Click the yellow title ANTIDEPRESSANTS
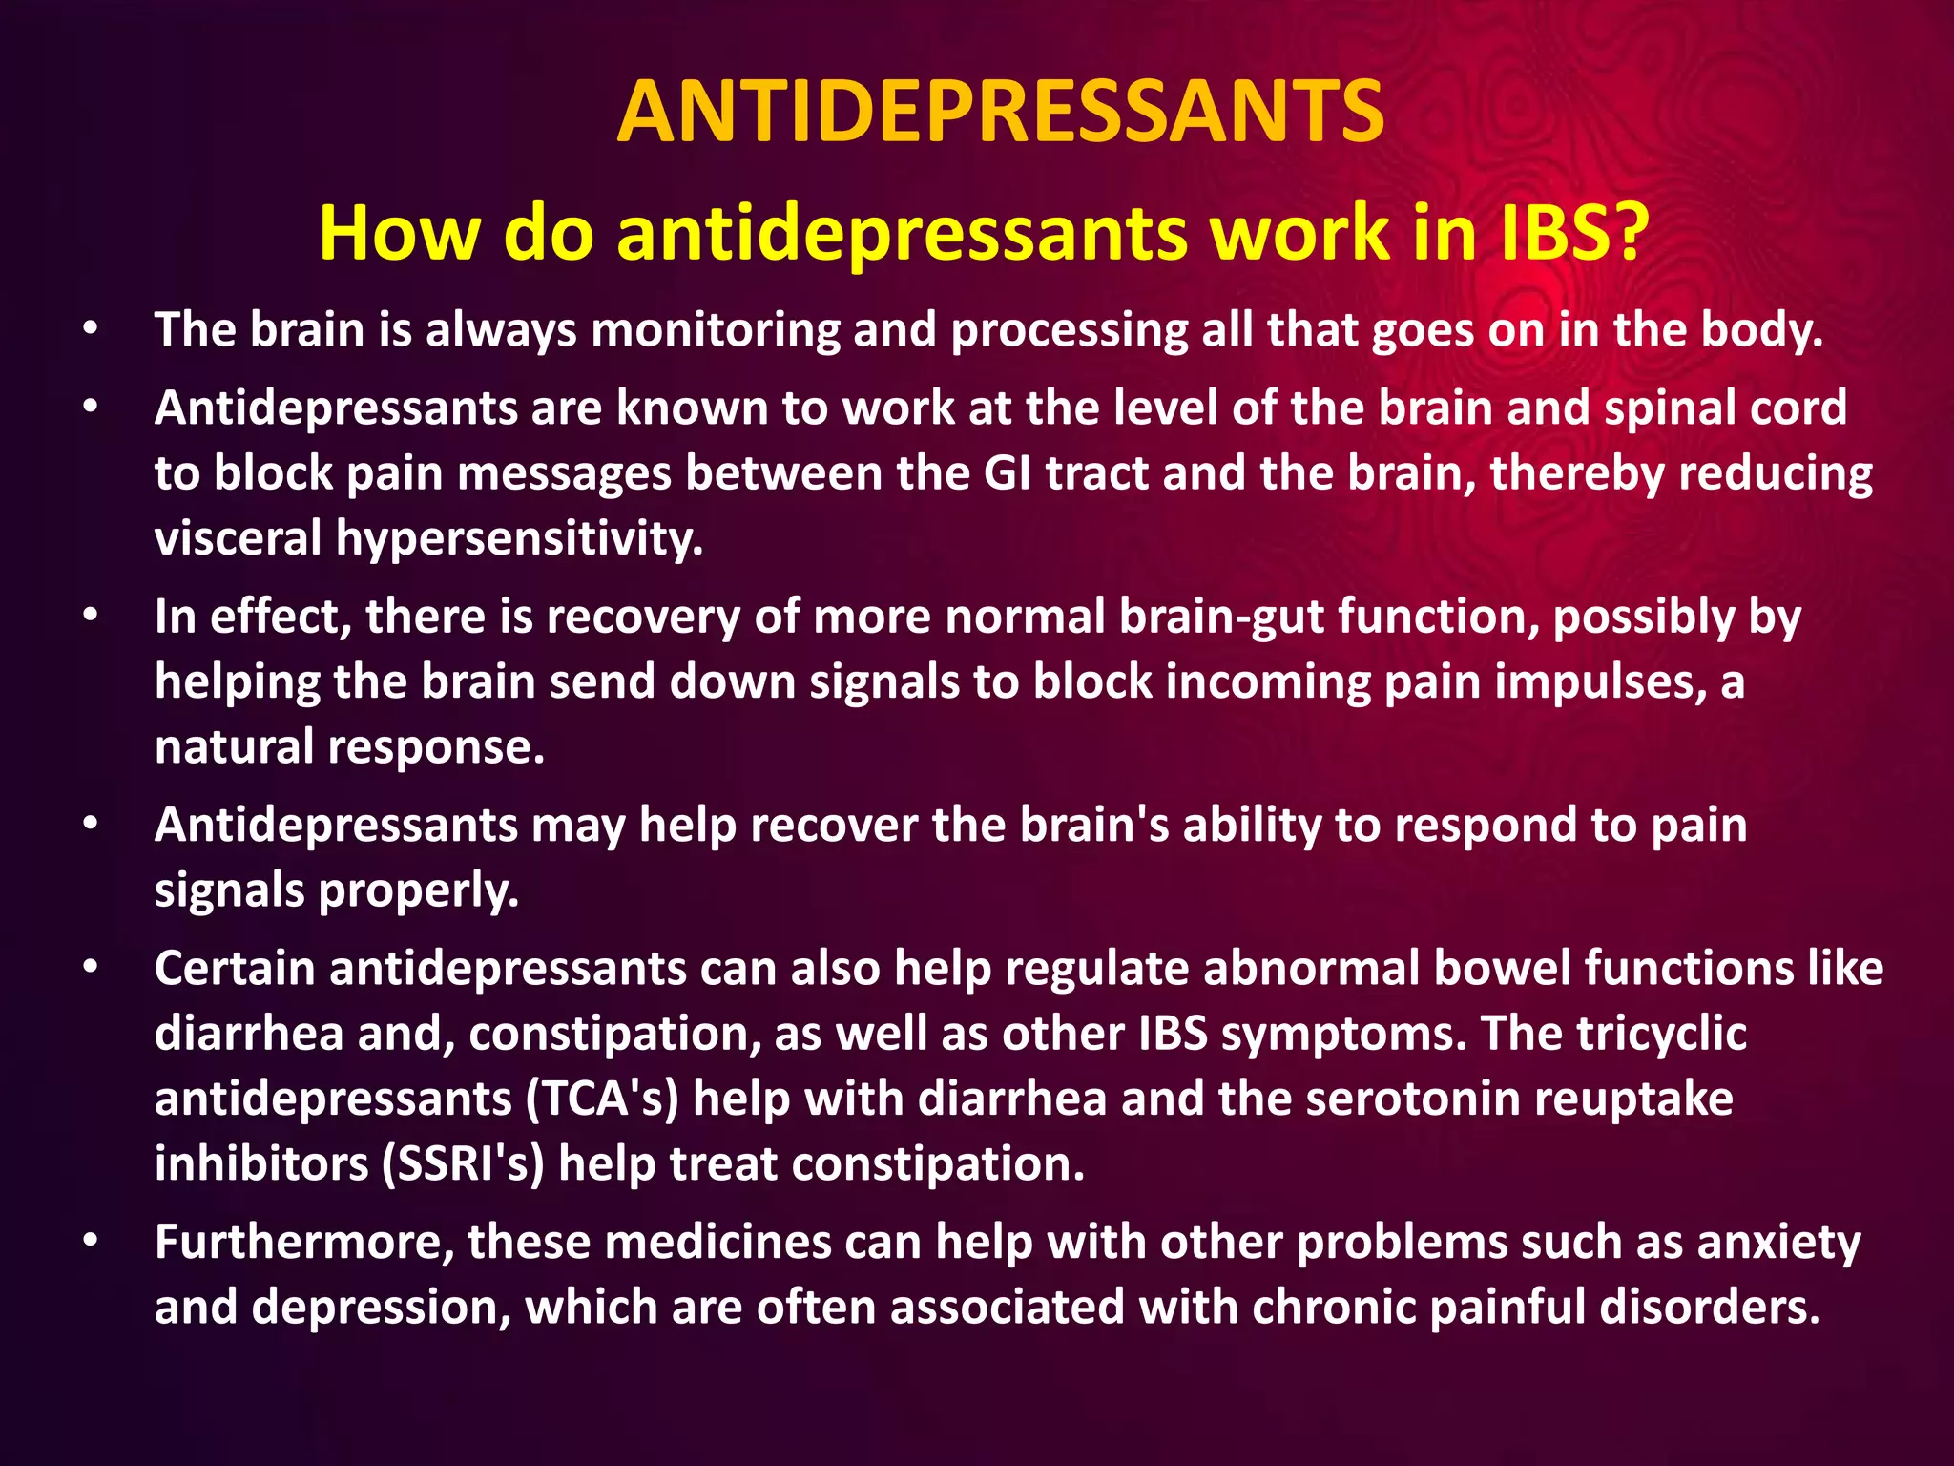(1000, 113)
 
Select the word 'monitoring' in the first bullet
(715, 330)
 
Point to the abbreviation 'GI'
(1008, 473)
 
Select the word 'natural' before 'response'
(235, 746)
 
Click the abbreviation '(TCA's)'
(602, 1099)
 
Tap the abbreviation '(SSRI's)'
(463, 1164)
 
